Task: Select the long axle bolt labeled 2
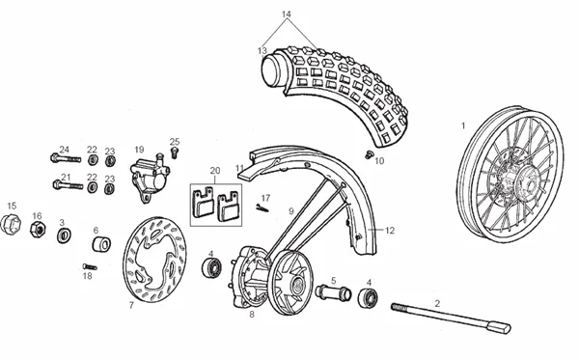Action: (451, 317)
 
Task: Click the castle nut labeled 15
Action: (11, 224)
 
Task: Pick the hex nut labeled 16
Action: (38, 230)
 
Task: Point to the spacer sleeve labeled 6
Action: (100, 244)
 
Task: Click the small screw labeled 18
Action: (90, 266)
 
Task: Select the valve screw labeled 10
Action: (369, 154)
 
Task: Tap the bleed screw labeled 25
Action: (175, 152)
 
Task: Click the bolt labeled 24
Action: (66, 159)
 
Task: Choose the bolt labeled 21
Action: (69, 184)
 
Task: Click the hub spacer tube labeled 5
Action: (334, 292)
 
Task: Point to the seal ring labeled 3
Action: (65, 235)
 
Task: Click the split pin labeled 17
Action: (262, 209)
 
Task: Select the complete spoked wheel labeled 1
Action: (510, 174)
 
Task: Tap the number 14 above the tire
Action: (287, 14)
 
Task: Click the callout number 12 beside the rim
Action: (390, 231)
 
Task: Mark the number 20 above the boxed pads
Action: (215, 171)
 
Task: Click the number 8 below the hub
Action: (252, 315)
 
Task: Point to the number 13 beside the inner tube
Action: (262, 50)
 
